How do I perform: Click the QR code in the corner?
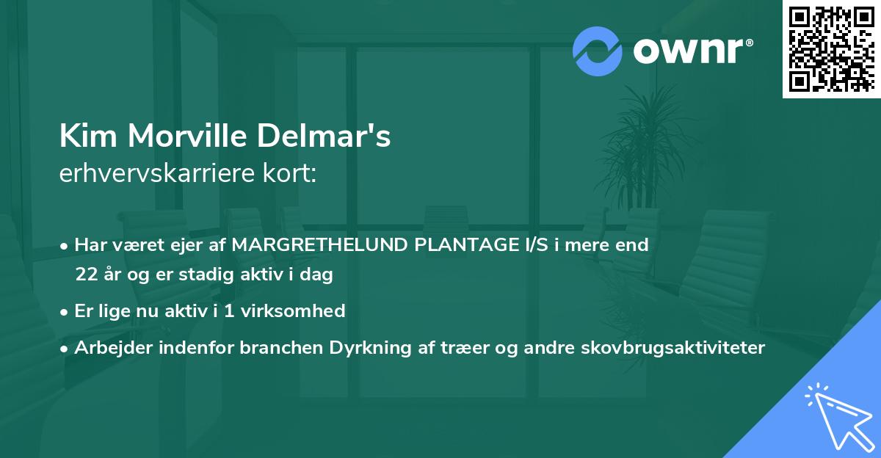click(x=831, y=48)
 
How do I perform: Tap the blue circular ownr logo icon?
click(x=598, y=51)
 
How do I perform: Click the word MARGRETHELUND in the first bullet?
click(x=319, y=245)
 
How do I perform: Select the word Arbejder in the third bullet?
click(x=109, y=347)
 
